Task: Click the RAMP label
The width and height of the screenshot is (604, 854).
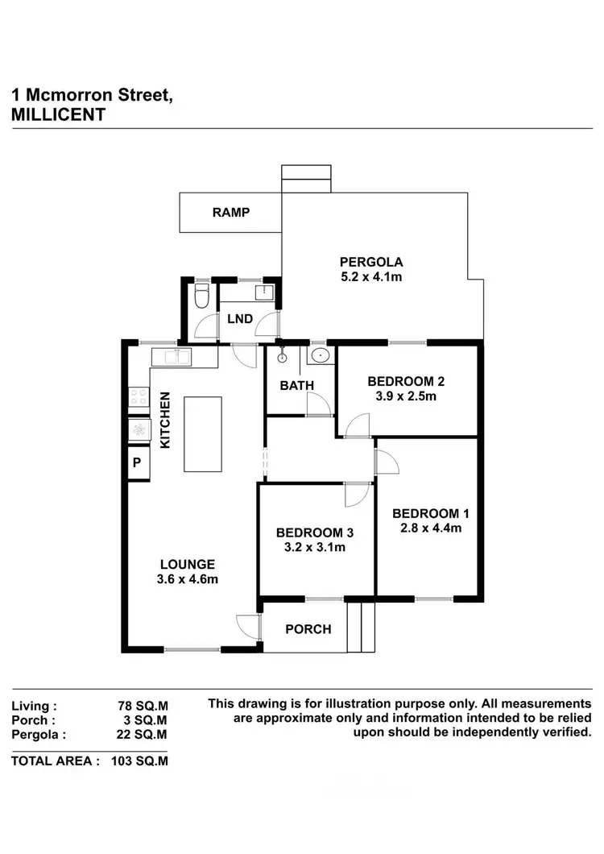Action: tap(231, 213)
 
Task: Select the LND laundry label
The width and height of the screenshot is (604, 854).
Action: tap(239, 319)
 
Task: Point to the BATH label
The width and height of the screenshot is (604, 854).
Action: tap(296, 386)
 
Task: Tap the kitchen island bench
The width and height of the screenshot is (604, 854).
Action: tap(202, 433)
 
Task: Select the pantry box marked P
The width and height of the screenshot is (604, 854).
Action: tap(137, 462)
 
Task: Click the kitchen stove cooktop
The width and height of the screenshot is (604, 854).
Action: tap(138, 396)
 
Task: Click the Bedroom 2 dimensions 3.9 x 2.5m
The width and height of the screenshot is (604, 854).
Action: tap(406, 396)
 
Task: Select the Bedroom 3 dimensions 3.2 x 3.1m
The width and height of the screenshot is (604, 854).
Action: tap(314, 547)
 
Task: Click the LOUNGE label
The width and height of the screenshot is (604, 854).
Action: tap(187, 564)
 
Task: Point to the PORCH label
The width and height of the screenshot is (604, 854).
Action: tap(308, 628)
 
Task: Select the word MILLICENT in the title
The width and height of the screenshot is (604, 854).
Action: tap(58, 114)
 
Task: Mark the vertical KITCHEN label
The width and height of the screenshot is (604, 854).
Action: tap(165, 420)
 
